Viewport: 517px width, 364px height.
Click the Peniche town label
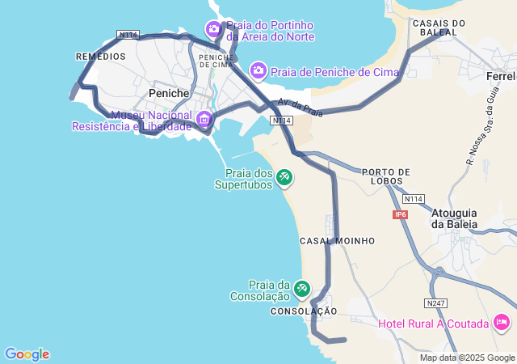click(x=169, y=93)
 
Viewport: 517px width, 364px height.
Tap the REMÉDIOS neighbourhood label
click(x=100, y=57)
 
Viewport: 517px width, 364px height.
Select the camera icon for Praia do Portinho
click(x=213, y=30)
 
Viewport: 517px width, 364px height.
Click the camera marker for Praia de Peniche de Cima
click(x=258, y=71)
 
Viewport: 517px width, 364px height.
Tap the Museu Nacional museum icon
click(x=204, y=121)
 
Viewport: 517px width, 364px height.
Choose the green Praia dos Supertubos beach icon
click(x=284, y=176)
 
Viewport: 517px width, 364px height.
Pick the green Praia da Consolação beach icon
click(x=301, y=288)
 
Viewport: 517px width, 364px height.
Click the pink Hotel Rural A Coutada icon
click(x=502, y=324)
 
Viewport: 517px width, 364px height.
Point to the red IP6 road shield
click(x=401, y=214)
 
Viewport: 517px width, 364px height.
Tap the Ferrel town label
click(x=501, y=76)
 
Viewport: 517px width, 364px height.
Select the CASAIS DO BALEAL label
click(x=439, y=28)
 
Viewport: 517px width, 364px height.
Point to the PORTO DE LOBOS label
click(x=386, y=176)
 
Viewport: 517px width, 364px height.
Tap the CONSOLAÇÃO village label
click(x=304, y=311)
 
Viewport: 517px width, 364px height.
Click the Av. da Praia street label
click(x=300, y=108)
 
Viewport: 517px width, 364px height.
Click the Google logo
click(x=27, y=354)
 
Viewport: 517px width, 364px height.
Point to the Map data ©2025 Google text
click(x=467, y=358)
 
